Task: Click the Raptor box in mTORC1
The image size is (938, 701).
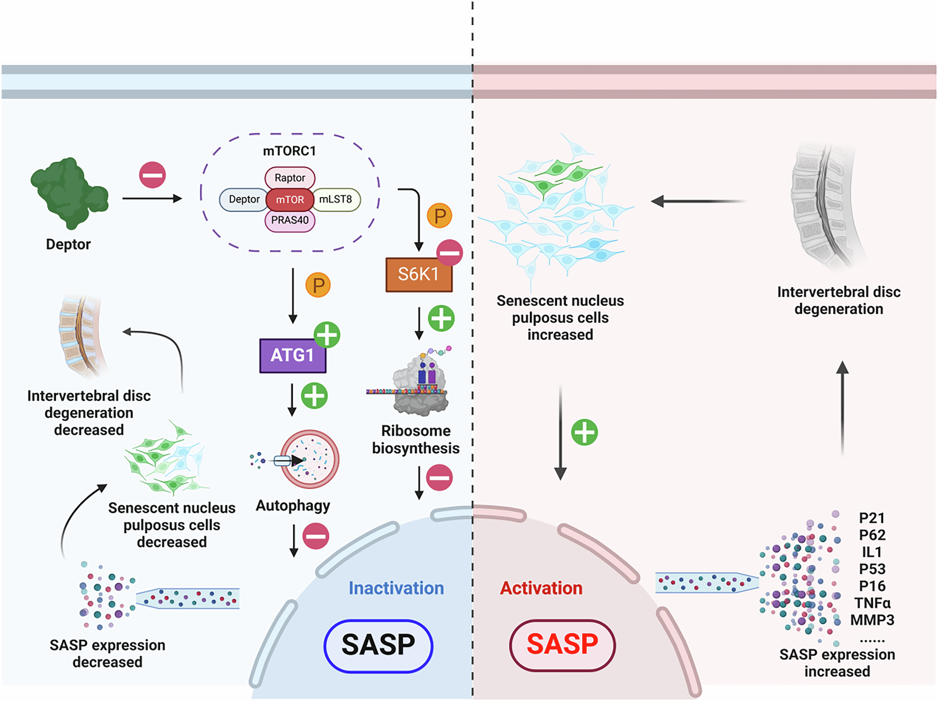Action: [x=289, y=178]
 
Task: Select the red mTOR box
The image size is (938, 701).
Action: [x=289, y=200]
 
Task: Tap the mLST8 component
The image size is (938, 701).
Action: [x=336, y=200]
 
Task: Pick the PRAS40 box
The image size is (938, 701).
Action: [x=289, y=220]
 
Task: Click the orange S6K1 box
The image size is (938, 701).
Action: [x=419, y=275]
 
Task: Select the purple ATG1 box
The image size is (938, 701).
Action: [x=292, y=355]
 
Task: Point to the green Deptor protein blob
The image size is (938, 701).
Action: [x=69, y=193]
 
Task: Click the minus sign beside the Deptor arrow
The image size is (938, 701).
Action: [x=152, y=175]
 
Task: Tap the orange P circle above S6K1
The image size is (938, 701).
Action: [x=440, y=216]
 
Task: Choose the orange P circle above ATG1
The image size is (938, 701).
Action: [x=318, y=285]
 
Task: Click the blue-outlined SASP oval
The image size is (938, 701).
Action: [x=378, y=645]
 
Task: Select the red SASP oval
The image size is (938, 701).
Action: [x=562, y=645]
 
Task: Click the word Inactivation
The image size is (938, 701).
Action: [x=396, y=588]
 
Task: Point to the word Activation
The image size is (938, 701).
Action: [x=541, y=588]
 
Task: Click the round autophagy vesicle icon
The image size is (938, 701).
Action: [x=310, y=459]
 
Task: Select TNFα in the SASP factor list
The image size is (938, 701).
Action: [x=872, y=603]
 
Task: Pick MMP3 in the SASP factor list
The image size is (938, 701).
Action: [x=872, y=621]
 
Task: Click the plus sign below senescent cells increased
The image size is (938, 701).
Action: [x=584, y=432]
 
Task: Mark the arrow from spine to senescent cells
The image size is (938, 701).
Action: [x=697, y=201]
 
